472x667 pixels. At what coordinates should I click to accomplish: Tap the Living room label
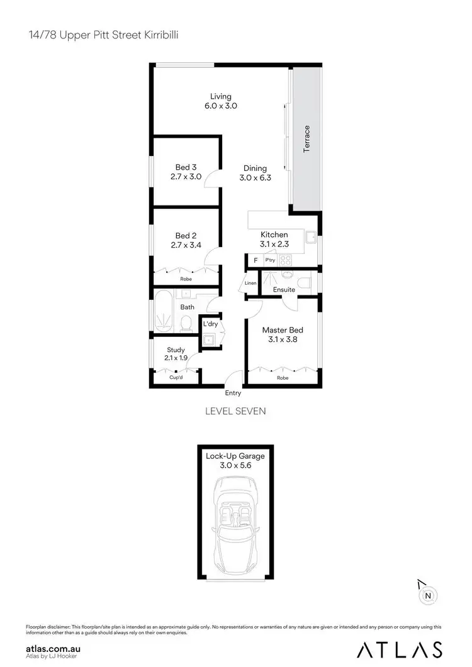click(220, 96)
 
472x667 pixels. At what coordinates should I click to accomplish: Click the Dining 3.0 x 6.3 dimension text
click(255, 178)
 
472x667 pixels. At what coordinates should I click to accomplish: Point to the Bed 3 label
click(186, 167)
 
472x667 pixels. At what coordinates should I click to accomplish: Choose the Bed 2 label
click(186, 236)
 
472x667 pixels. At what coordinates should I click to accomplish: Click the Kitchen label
click(274, 234)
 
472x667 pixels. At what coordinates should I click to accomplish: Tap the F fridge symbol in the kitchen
click(256, 260)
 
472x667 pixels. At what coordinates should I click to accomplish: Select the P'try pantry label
click(270, 260)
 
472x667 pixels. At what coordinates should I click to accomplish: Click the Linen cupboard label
click(250, 284)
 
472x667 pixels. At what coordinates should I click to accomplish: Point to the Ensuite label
click(284, 290)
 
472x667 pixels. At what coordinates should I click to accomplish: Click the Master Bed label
click(279, 329)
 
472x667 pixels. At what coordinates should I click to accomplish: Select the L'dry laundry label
click(210, 324)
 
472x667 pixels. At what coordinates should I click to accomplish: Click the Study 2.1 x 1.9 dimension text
click(176, 358)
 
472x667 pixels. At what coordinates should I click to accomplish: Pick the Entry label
click(233, 393)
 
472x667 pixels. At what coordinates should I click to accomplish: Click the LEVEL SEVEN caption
click(236, 411)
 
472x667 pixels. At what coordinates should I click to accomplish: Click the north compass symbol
click(427, 595)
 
